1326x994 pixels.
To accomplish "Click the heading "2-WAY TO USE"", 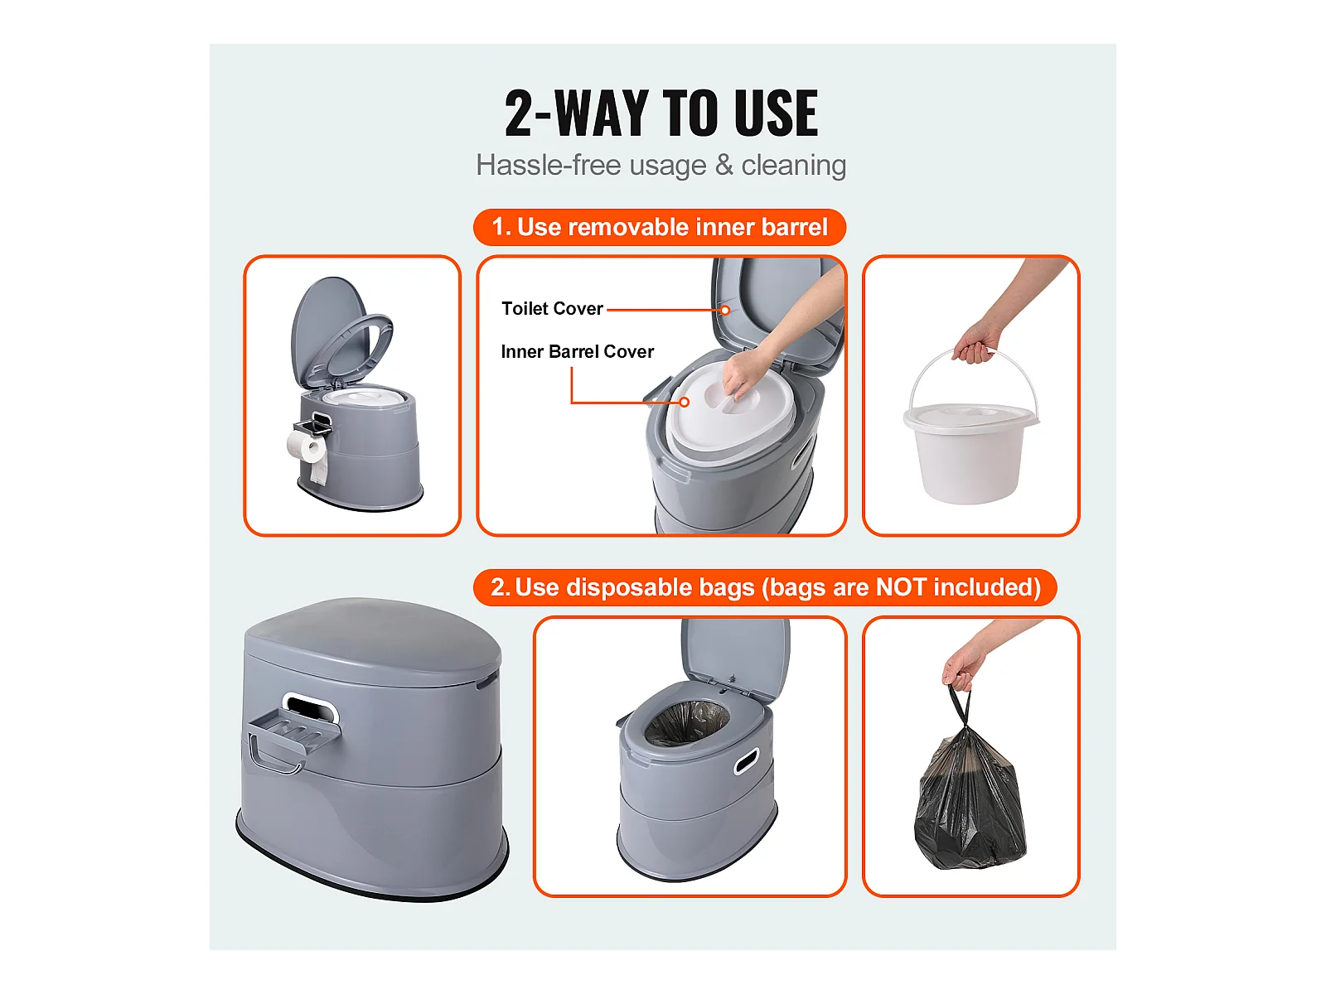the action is (x=661, y=113).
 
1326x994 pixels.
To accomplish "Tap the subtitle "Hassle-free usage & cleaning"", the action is (x=661, y=165).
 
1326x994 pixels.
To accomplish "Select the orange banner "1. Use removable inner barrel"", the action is (x=660, y=227).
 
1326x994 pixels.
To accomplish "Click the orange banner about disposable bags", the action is (x=765, y=587).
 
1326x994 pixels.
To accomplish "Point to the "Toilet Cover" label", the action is (x=552, y=308).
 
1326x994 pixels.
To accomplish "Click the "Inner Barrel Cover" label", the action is (x=578, y=351).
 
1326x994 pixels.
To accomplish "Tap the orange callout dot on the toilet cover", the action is (x=725, y=310).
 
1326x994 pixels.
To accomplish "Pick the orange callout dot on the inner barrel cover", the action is (x=685, y=402).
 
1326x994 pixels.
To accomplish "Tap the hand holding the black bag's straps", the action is (x=963, y=667).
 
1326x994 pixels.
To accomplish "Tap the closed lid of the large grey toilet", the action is (x=373, y=641).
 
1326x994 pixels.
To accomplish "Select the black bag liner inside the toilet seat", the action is (x=687, y=722).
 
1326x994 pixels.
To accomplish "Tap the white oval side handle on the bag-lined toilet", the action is (x=747, y=760).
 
